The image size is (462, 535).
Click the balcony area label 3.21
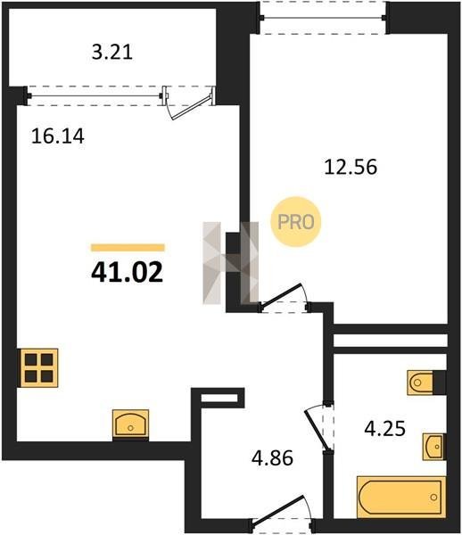pyautogui.click(x=112, y=53)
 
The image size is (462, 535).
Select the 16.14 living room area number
pyautogui.click(x=58, y=136)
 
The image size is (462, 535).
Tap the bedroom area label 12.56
pyautogui.click(x=351, y=168)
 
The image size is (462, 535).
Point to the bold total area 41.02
pyautogui.click(x=128, y=273)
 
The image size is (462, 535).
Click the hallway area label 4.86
pyautogui.click(x=272, y=458)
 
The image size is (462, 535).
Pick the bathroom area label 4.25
pyautogui.click(x=385, y=429)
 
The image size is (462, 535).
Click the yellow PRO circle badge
pyautogui.click(x=296, y=222)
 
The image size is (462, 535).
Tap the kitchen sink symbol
pyautogui.click(x=131, y=424)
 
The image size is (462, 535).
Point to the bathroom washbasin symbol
pyautogui.click(x=433, y=447)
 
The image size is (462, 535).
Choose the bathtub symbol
pyautogui.click(x=401, y=497)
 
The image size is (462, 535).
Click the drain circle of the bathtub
pyautogui.click(x=433, y=498)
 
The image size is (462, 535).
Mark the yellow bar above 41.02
pyautogui.click(x=128, y=248)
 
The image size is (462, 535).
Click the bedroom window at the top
pyautogui.click(x=323, y=18)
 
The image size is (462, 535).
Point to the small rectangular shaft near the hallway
pyautogui.click(x=219, y=398)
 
